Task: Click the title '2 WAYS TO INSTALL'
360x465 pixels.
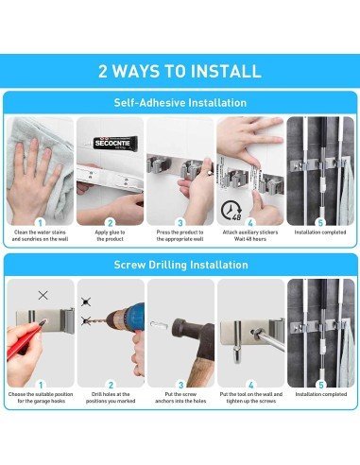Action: [180, 71]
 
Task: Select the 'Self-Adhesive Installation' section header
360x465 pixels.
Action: [180, 102]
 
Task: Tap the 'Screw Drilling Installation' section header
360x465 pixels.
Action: [180, 266]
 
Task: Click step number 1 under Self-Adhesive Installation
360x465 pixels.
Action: [41, 223]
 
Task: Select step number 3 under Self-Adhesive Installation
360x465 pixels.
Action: [180, 223]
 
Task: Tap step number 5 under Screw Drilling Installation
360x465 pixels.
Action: [320, 385]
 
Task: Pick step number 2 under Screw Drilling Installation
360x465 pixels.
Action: [110, 385]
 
